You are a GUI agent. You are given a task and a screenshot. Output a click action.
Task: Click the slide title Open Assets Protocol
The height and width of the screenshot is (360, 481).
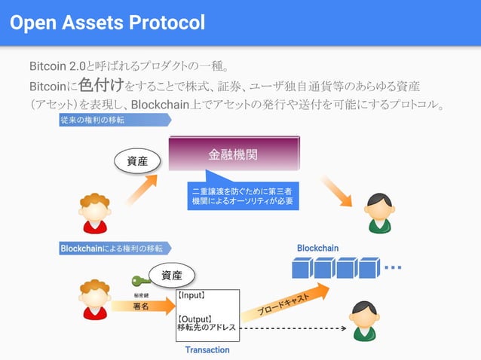click(x=107, y=23)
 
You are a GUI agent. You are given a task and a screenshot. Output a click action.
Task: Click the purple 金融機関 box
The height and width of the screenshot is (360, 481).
click(x=233, y=156)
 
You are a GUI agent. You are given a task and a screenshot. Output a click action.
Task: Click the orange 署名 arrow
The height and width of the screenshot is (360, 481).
click(x=143, y=306)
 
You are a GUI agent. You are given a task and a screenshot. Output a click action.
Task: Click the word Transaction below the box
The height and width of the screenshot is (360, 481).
click(x=207, y=350)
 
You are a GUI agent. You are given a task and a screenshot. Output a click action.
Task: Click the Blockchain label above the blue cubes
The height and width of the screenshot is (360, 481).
click(x=317, y=248)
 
